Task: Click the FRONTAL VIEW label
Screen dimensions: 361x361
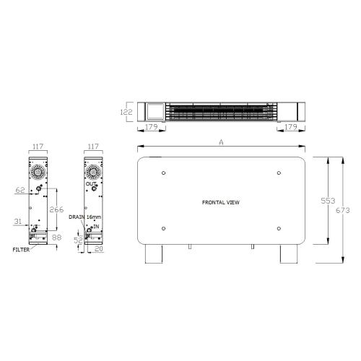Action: click(221, 202)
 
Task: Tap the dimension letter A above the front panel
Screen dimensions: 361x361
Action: click(221, 143)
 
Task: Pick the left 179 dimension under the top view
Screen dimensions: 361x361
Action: click(151, 128)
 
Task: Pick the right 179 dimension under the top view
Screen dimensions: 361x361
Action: click(290, 128)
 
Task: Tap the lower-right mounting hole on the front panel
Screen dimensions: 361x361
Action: click(278, 230)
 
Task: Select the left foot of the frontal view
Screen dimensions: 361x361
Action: click(154, 256)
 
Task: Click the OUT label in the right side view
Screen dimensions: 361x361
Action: click(90, 185)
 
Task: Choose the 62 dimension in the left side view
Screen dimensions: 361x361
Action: click(19, 191)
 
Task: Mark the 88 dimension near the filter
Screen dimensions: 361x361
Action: click(57, 237)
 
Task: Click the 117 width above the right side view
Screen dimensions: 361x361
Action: click(92, 147)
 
